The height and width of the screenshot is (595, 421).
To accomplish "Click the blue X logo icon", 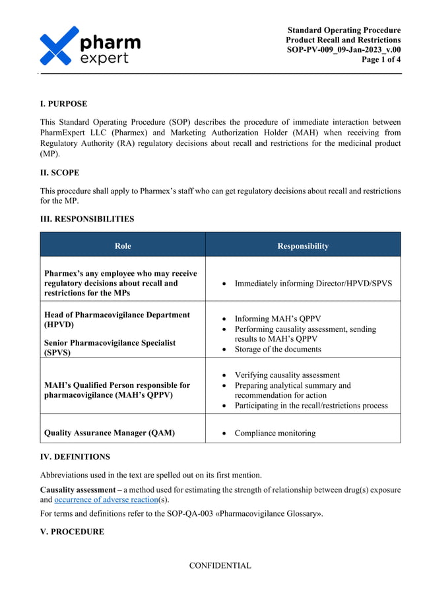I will (x=59, y=46).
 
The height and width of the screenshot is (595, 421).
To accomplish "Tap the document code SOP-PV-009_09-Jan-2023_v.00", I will (x=343, y=50).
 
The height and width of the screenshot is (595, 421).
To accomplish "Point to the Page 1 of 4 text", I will (x=381, y=60).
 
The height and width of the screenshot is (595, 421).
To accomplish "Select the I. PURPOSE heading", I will (x=63, y=104).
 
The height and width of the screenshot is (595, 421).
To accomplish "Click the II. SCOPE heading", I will (x=60, y=173).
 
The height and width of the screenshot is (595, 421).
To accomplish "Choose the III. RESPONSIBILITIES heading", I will (x=87, y=219).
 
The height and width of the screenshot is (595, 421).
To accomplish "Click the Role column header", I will (x=123, y=246).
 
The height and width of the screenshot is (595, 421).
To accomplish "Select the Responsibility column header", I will (x=303, y=246).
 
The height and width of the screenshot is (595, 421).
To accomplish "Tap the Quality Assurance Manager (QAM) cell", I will (x=109, y=433).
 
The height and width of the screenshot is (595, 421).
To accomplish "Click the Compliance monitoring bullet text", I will (x=275, y=433).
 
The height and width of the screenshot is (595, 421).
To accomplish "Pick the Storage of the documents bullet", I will (x=278, y=349).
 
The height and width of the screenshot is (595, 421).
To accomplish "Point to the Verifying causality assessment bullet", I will (x=287, y=375).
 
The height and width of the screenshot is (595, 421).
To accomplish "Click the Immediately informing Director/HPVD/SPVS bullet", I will (x=313, y=283).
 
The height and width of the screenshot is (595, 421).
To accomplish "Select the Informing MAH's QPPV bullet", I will (x=277, y=317).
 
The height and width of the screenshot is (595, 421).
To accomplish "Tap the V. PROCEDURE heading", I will (x=72, y=532).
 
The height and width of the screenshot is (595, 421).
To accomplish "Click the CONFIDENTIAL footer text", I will (x=220, y=565).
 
